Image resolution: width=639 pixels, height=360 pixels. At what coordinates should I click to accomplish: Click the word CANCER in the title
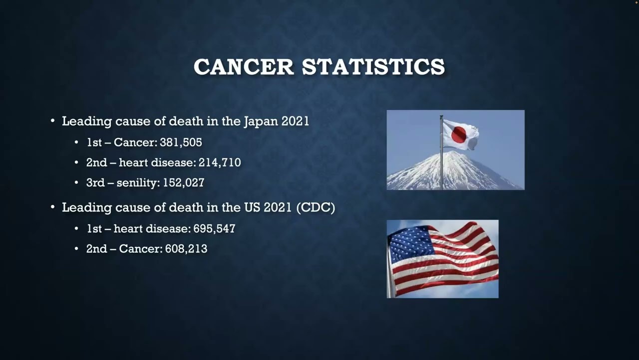pos(244,67)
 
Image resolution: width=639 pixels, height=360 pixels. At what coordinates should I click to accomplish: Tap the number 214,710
pos(220,162)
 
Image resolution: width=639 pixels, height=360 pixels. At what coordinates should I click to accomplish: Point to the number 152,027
pos(183,182)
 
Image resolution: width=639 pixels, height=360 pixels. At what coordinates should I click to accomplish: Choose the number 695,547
pos(214,228)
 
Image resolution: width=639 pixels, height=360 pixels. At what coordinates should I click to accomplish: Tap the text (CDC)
pos(316,207)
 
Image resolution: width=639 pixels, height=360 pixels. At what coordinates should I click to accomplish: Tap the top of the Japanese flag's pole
pos(441,117)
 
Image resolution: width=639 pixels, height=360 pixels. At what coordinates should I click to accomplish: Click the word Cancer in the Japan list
pos(135,142)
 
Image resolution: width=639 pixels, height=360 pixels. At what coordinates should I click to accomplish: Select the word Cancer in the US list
pos(140,248)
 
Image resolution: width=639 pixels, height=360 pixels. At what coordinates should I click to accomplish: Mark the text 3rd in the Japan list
pos(95,182)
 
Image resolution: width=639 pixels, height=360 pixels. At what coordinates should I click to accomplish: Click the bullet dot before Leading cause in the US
pos(53,207)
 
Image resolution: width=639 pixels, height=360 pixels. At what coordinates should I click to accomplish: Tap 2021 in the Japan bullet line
pos(295,121)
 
